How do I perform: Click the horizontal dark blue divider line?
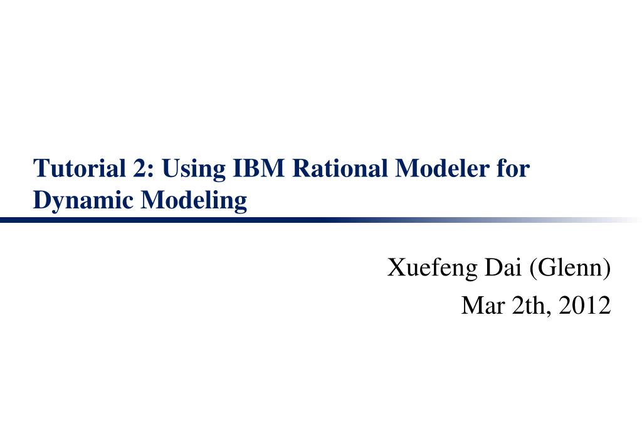pos(251,220)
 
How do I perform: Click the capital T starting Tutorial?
pos(39,169)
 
